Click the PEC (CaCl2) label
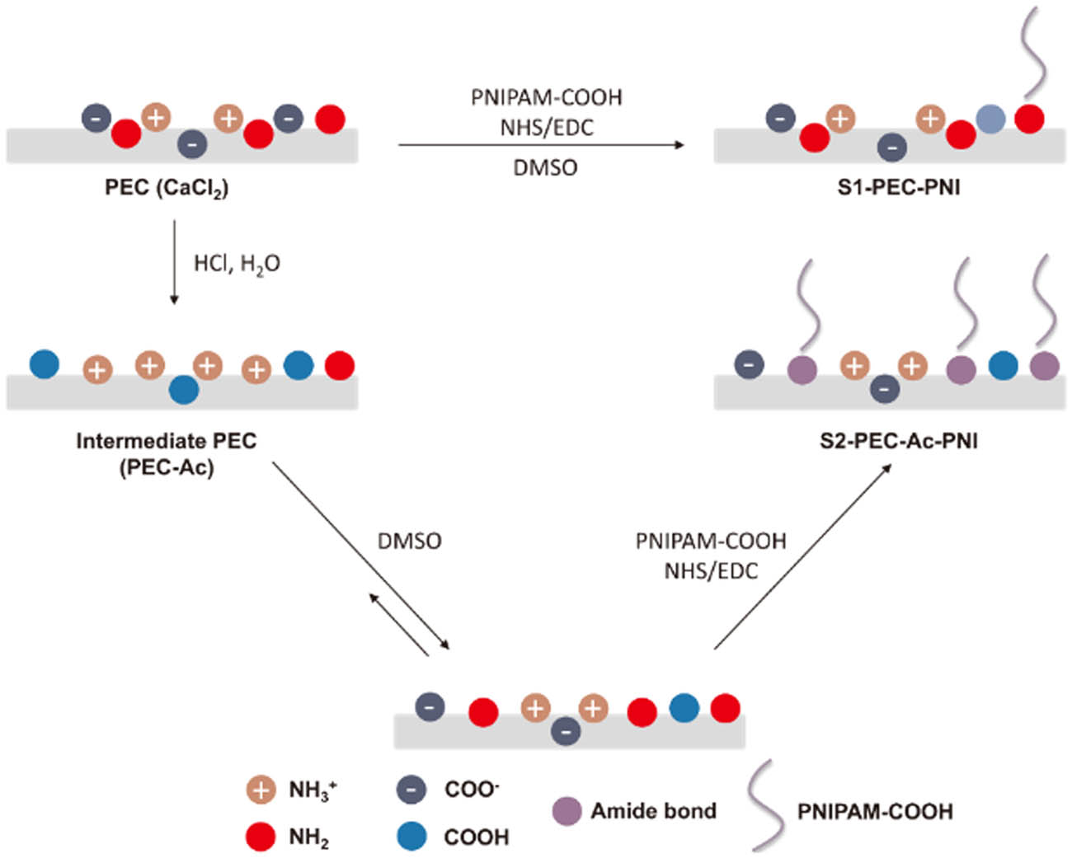(167, 188)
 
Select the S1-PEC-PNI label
(898, 188)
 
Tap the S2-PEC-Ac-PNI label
(898, 441)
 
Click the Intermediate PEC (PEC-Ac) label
(167, 453)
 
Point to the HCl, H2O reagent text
(237, 264)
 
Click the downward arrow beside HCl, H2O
(174, 262)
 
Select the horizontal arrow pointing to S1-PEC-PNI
(541, 145)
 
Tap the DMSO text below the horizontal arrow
(545, 168)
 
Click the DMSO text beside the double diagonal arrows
(409, 542)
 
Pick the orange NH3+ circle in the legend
(261, 790)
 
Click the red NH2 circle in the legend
(261, 837)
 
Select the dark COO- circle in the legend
(411, 790)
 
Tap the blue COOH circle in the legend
(411, 837)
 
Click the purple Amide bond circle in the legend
(567, 811)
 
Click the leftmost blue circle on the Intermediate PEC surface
(45, 363)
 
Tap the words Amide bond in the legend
(653, 812)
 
